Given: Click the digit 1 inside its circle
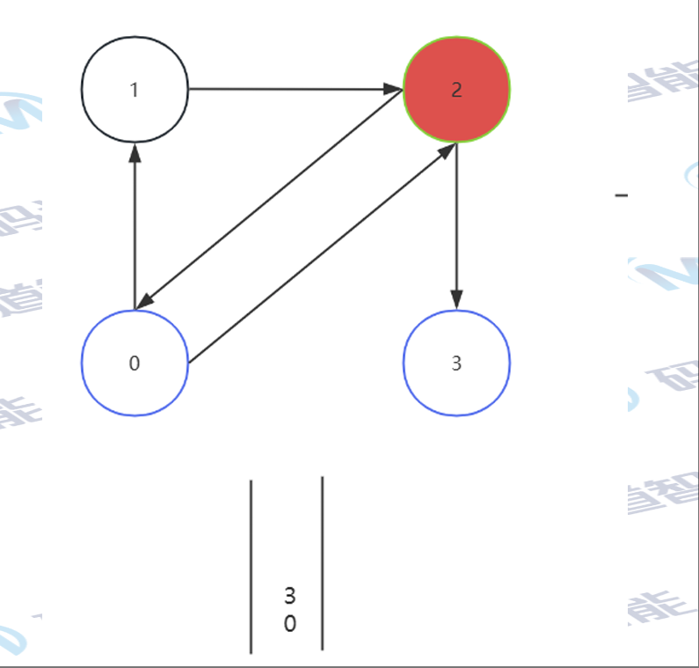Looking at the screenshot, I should click(x=134, y=90).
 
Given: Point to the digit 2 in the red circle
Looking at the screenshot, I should click(x=456, y=90).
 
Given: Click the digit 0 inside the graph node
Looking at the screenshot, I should click(x=134, y=363).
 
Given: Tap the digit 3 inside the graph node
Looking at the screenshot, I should click(x=456, y=363).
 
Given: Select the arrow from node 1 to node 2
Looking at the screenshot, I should click(x=290, y=89).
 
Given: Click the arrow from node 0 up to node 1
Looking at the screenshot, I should click(x=135, y=229).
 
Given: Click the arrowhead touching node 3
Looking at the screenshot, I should click(x=456, y=300).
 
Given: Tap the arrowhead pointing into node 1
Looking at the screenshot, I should click(x=135, y=153).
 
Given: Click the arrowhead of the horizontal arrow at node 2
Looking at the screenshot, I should click(x=393, y=89).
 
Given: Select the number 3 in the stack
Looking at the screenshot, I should click(x=290, y=596).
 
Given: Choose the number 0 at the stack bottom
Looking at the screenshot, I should click(x=290, y=624).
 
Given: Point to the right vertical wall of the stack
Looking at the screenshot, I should click(x=323, y=563).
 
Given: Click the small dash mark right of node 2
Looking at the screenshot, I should click(x=622, y=195).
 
